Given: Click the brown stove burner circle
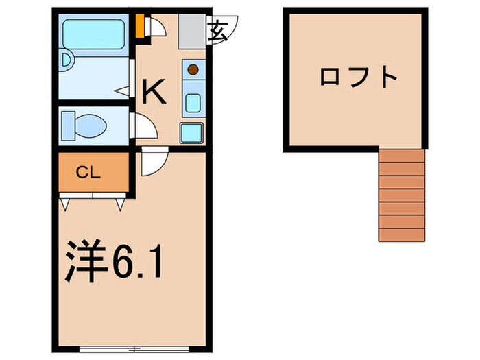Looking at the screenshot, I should click(x=193, y=69).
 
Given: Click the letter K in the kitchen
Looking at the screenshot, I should click(x=155, y=92).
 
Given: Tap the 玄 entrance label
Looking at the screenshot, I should click(x=219, y=31).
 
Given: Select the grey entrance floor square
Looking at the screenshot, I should click(x=191, y=31).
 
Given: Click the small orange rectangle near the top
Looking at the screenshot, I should click(x=139, y=27).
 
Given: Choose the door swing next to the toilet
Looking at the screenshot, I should click(x=145, y=125).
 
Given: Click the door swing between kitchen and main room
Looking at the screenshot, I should click(x=152, y=163).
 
